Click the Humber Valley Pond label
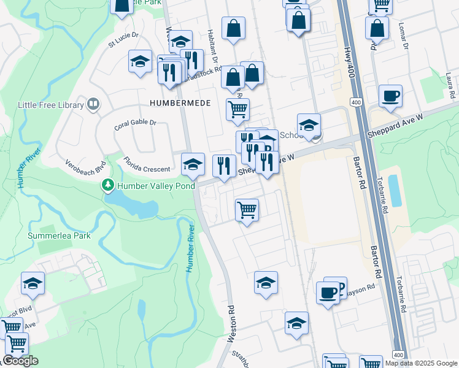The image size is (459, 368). [x=156, y=185]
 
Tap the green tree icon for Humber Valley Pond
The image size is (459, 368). [x=108, y=185]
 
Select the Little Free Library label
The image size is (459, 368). [x=50, y=105]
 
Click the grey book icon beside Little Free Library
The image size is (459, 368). [x=93, y=104]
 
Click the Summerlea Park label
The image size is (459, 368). [x=59, y=236]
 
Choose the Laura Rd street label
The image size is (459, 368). [x=451, y=85]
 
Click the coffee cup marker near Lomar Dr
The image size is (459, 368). [x=390, y=97]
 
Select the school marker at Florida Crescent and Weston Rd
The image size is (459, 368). [x=193, y=164]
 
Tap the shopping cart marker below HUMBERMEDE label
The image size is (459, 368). [x=237, y=110]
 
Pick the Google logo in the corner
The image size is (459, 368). [x=20, y=361]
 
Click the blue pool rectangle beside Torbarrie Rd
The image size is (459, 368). [x=396, y=190]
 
